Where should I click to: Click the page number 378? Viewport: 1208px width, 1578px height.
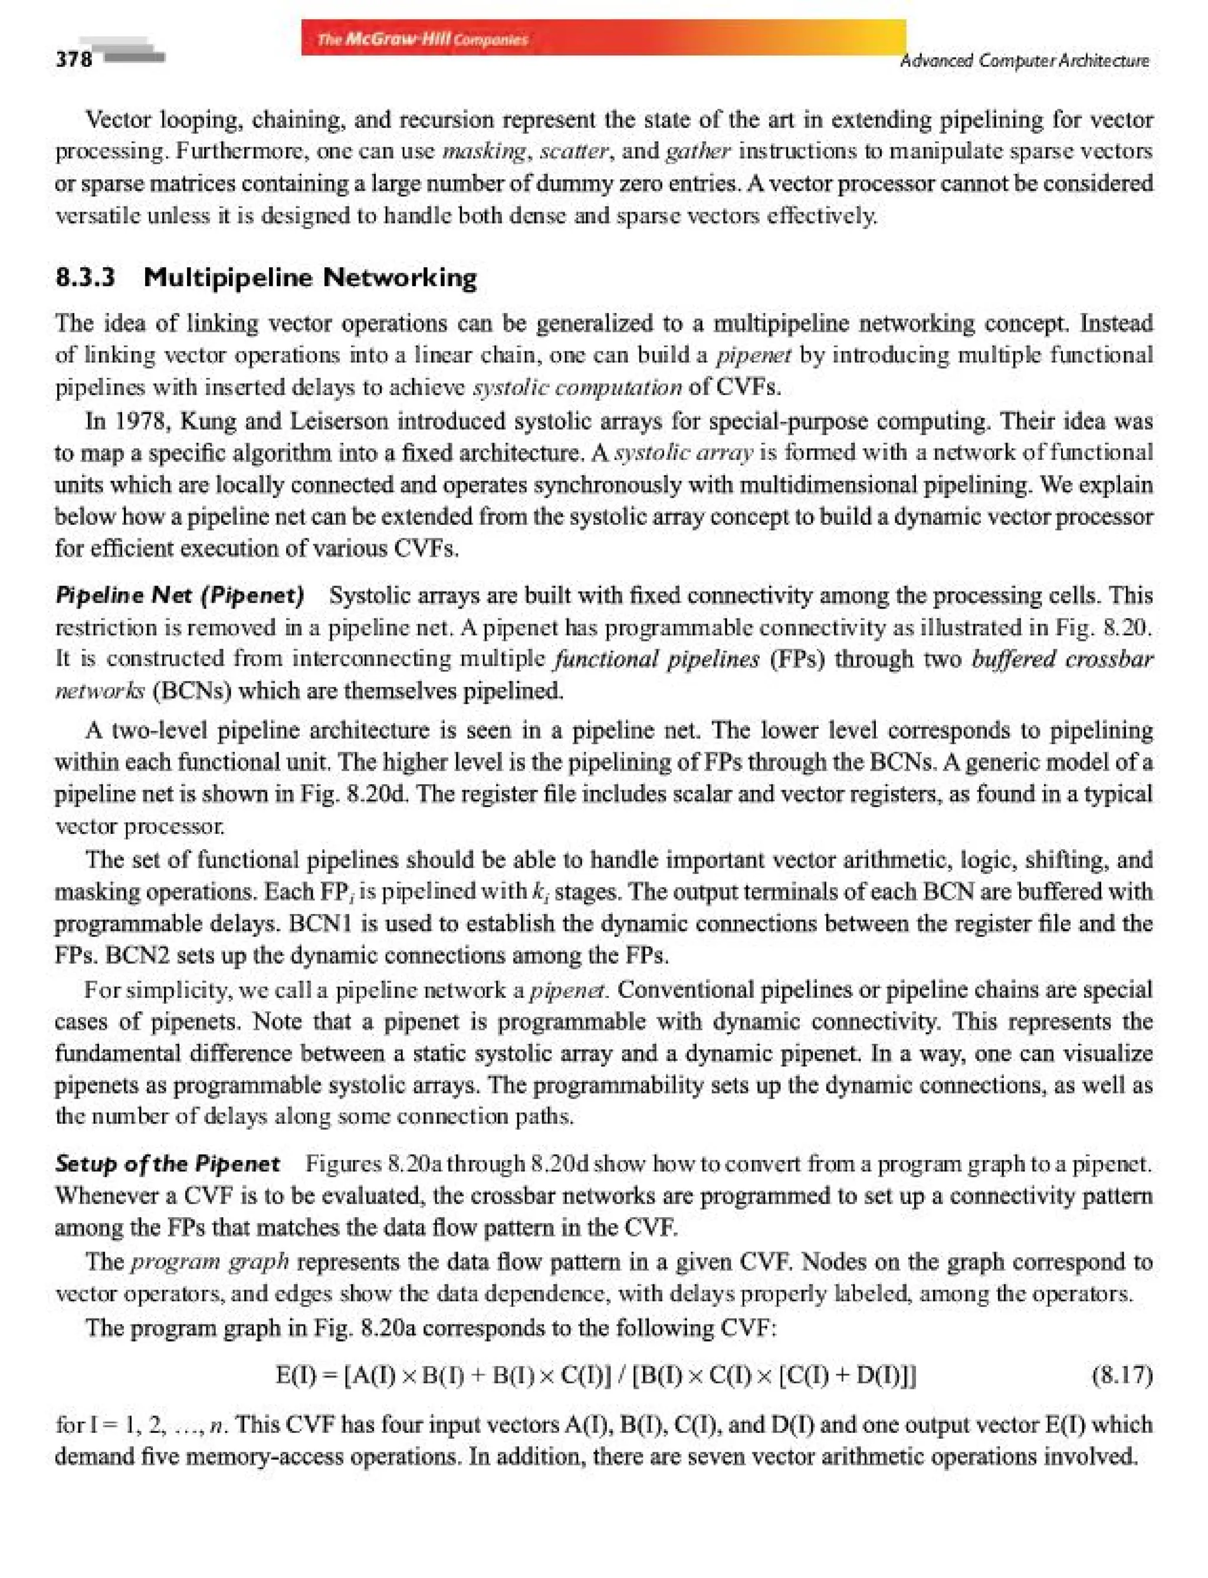click(74, 58)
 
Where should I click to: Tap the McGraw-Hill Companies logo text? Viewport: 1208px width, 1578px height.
click(422, 40)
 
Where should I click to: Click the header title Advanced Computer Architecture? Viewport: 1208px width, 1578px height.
click(1025, 61)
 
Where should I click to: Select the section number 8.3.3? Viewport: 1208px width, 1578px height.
click(86, 278)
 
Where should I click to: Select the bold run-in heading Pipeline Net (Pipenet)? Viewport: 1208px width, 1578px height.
click(180, 595)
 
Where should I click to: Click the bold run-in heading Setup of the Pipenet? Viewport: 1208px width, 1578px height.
click(168, 1163)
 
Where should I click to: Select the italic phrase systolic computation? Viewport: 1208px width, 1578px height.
click(577, 388)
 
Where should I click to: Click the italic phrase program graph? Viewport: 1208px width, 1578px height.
click(210, 1262)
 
